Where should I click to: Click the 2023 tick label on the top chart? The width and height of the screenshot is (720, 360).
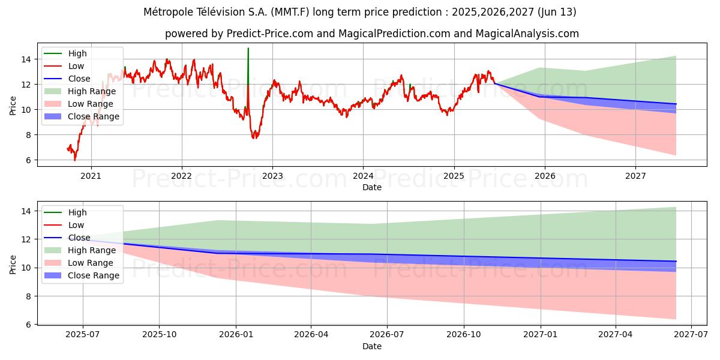tap(272, 176)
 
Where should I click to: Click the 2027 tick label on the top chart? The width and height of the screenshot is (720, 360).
tap(635, 176)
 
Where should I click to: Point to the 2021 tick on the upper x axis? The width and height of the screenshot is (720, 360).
tap(91, 176)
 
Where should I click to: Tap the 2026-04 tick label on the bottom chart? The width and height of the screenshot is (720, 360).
tap(311, 335)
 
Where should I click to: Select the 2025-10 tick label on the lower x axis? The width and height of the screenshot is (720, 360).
tap(159, 335)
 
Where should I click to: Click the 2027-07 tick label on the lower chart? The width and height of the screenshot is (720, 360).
tap(691, 335)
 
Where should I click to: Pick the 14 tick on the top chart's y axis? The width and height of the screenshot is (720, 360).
tap(25, 59)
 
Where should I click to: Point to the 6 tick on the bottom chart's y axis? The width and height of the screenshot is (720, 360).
tap(28, 325)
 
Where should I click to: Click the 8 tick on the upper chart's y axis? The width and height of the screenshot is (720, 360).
tap(28, 135)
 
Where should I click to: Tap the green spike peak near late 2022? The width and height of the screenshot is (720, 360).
tap(248, 49)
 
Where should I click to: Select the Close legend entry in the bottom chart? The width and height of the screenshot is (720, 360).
tap(79, 238)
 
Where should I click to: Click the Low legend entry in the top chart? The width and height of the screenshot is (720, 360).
tap(76, 66)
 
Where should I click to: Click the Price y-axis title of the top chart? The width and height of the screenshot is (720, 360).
tap(13, 105)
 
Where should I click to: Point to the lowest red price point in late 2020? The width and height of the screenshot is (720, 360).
tap(75, 160)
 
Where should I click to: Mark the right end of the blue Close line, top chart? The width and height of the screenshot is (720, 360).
tap(676, 104)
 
